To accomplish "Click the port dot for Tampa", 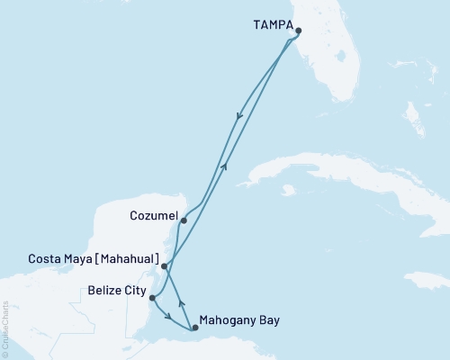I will [x=298, y=31].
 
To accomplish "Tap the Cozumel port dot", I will [x=183, y=220].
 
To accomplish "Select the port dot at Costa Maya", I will [x=164, y=266].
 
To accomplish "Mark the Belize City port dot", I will [x=152, y=298].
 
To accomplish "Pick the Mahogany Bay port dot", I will [x=195, y=328].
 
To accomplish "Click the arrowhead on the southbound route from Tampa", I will [x=238, y=115].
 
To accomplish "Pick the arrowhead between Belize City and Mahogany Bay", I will [x=168, y=315].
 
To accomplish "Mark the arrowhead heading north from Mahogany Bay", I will [x=181, y=302].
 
